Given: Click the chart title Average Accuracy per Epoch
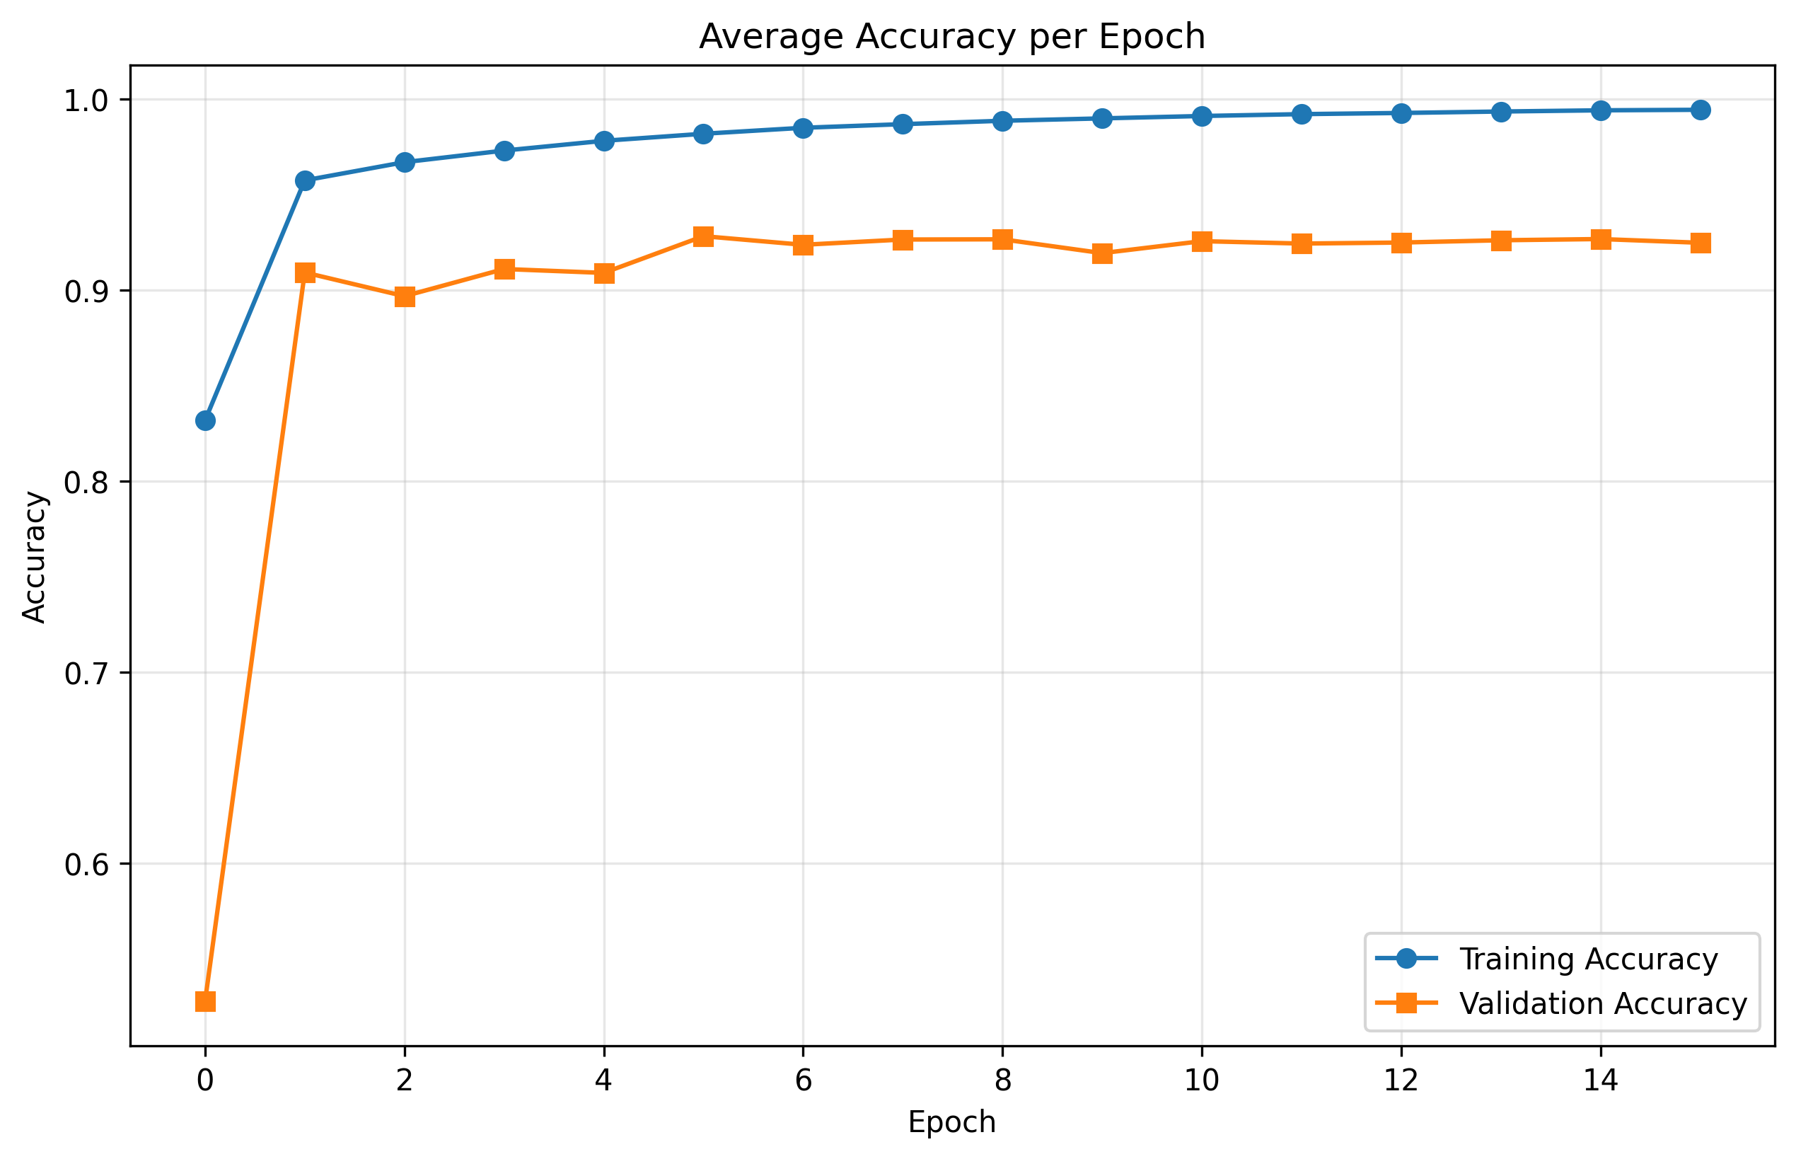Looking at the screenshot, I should [x=952, y=36].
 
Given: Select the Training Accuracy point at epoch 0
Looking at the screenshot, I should [x=205, y=421].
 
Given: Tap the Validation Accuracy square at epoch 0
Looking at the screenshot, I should [x=205, y=1001].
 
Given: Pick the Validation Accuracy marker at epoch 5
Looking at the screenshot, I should [x=704, y=237].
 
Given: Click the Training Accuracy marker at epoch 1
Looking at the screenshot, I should [x=305, y=180].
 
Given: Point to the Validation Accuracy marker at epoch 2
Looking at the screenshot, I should [x=405, y=296].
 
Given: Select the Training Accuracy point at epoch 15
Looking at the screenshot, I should [x=1701, y=110].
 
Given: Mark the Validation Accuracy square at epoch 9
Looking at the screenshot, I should [x=1102, y=253].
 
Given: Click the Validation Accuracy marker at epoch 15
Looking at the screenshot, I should [x=1701, y=242].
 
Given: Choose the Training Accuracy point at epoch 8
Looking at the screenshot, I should [x=1002, y=121].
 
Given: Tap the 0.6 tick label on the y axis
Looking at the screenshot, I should [x=86, y=865].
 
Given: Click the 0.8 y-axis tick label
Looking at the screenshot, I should [x=86, y=483].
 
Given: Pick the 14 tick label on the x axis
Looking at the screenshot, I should [x=1600, y=1080].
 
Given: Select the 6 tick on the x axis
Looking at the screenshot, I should [x=803, y=1080].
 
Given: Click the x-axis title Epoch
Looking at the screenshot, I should [x=952, y=1122].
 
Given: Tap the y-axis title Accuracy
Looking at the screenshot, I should [x=35, y=557].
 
